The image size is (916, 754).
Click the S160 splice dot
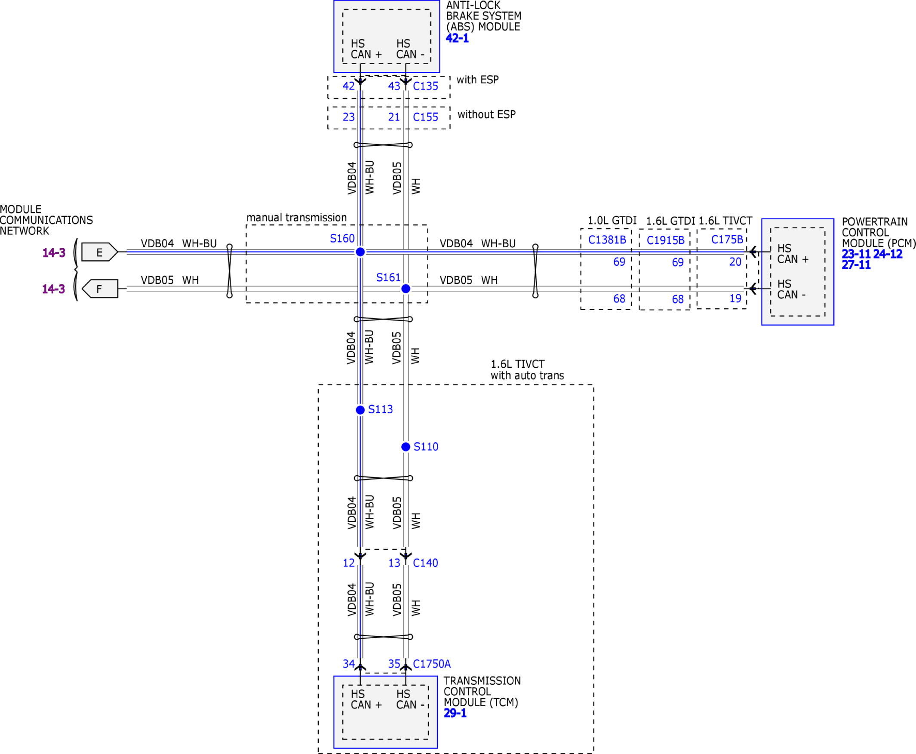coord(360,252)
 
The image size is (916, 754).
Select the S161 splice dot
coord(406,289)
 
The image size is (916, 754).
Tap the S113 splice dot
coord(360,410)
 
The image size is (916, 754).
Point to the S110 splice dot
coord(406,446)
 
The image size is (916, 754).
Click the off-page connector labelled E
coord(99,252)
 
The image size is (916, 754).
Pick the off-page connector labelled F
coord(99,289)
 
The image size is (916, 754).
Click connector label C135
coord(425,86)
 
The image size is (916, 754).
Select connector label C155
coord(425,117)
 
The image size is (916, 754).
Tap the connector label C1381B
coord(607,240)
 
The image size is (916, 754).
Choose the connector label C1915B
coord(665,240)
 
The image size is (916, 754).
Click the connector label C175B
coord(727,239)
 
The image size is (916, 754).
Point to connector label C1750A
coord(431,664)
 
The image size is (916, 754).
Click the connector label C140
coord(425,563)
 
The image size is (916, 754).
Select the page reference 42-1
coord(457,38)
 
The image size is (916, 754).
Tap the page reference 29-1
coord(455,713)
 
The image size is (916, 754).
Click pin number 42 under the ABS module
coord(348,86)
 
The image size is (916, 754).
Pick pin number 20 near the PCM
coord(735,262)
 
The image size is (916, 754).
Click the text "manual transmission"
coord(297,218)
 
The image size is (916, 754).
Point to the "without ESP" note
coord(486,115)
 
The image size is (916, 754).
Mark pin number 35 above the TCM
coord(394,664)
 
